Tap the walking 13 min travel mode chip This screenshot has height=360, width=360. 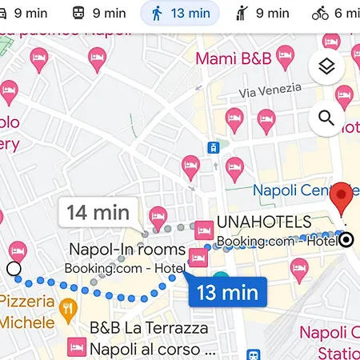point(179,13)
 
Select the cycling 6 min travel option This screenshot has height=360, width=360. point(336,13)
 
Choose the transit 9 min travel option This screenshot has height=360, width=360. point(99,13)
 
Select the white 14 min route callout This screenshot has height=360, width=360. point(99,212)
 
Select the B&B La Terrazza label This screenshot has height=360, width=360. point(149,328)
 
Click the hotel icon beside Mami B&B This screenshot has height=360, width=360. point(285,56)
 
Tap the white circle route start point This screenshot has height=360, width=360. point(14,269)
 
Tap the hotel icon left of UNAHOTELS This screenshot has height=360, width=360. point(204,229)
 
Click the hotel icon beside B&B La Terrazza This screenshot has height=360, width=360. point(77,347)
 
